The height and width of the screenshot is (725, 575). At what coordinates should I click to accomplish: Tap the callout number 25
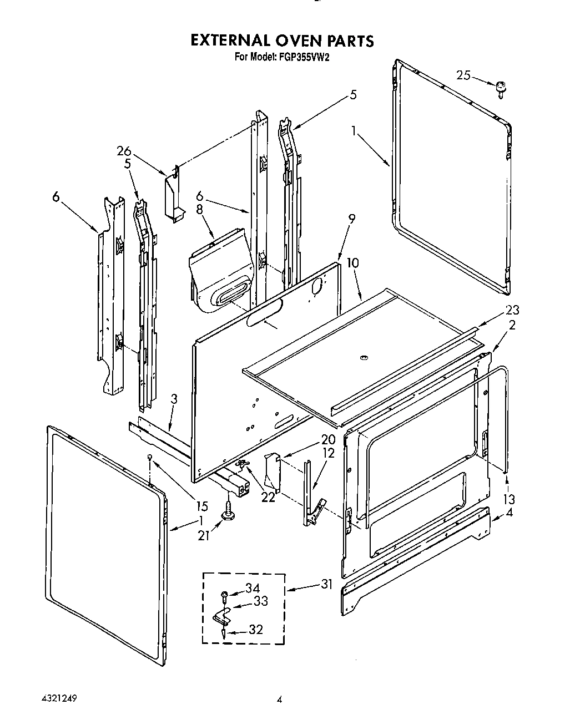[x=464, y=75]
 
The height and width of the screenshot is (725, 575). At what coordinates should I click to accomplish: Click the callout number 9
[x=351, y=218]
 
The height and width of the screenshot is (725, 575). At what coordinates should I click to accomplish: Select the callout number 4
[x=509, y=513]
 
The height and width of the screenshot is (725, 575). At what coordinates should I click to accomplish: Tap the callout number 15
[x=202, y=505]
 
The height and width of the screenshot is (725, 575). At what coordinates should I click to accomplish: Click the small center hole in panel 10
[x=363, y=358]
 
